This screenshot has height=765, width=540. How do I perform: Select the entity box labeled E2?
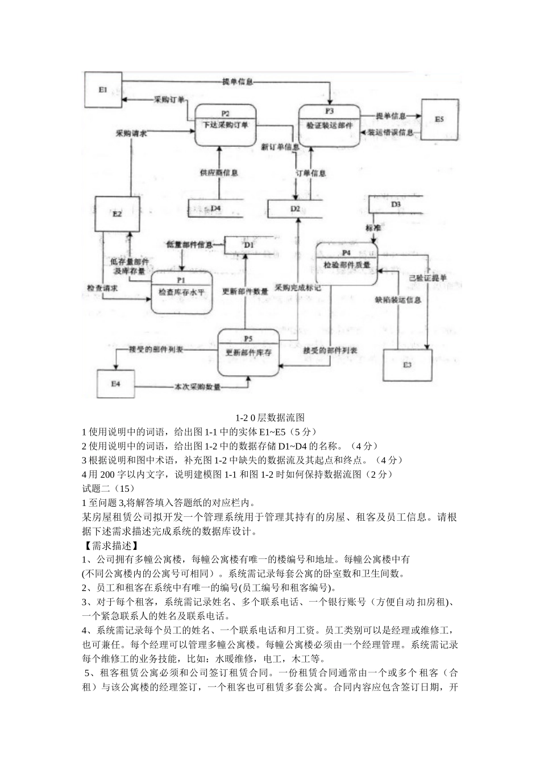click(x=117, y=214)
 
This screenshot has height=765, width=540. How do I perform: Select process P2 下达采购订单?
click(x=225, y=125)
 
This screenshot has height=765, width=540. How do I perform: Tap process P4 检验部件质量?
click(x=346, y=264)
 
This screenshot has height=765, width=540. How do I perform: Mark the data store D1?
click(x=249, y=245)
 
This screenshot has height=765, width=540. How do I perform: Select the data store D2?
click(x=295, y=208)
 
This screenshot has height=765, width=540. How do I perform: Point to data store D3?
click(x=396, y=204)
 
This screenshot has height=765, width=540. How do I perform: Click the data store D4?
click(x=216, y=208)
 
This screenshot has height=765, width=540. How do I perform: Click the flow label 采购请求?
click(x=131, y=134)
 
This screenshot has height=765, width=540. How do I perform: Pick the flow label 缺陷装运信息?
click(x=398, y=300)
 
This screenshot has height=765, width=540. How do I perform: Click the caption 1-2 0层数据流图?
click(x=270, y=418)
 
